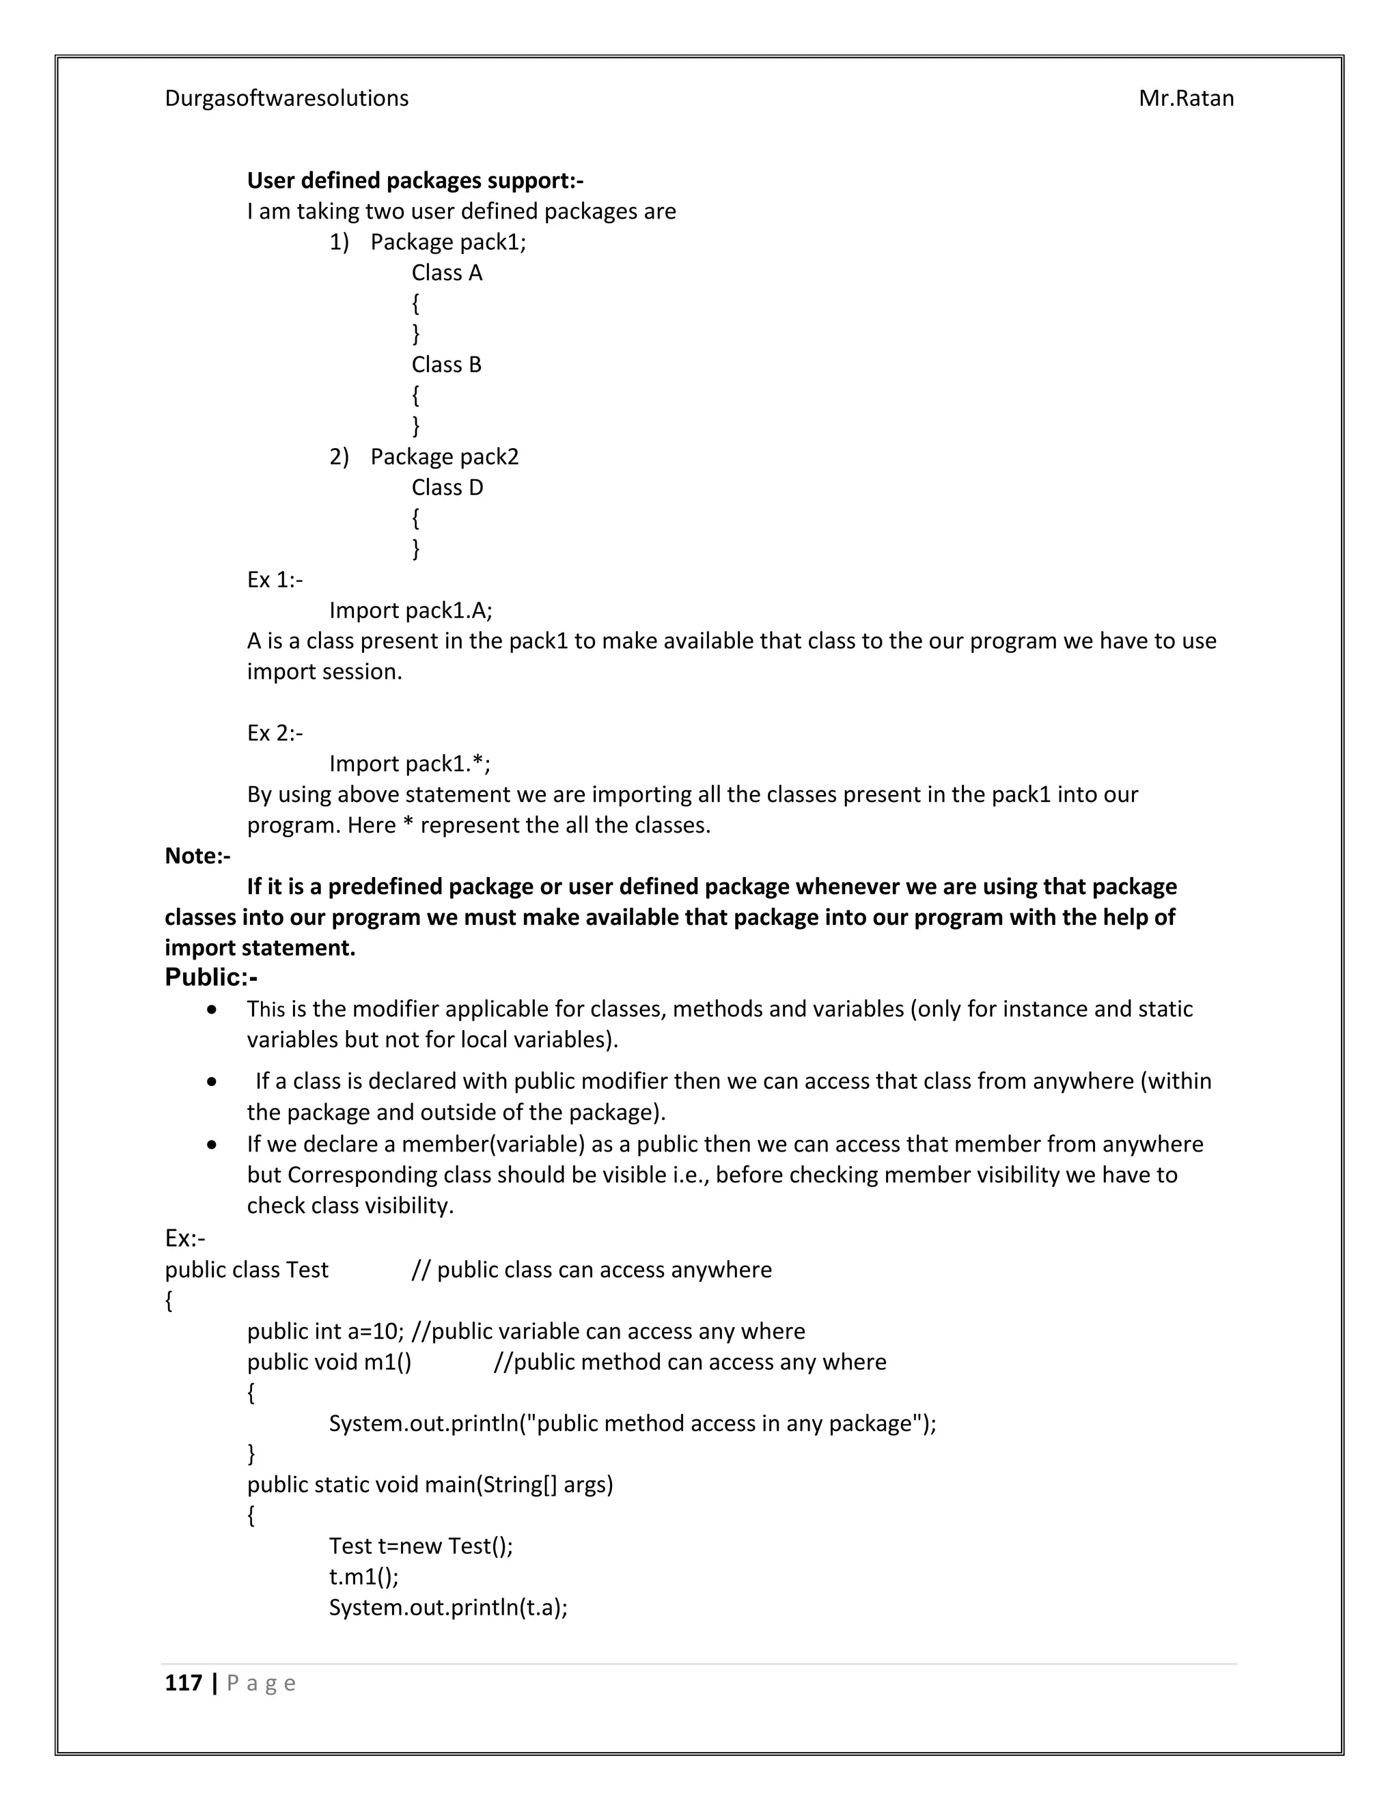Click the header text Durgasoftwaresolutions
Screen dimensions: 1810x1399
point(286,98)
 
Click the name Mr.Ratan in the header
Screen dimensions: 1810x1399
point(1185,98)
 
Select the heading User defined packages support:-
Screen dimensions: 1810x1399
point(415,181)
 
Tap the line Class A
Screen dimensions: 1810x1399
point(446,273)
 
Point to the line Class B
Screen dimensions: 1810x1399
point(446,365)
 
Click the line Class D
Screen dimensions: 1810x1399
point(447,487)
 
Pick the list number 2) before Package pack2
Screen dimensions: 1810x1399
point(339,457)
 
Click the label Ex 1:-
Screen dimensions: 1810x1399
point(275,579)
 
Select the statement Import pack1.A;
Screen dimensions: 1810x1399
point(411,611)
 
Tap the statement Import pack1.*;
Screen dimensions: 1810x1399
point(409,764)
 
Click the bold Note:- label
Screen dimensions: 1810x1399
point(197,856)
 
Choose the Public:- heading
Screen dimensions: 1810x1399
point(210,977)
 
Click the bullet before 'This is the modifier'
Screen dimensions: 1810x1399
point(214,1010)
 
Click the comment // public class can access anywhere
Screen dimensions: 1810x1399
point(591,1270)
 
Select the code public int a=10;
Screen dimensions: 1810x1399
point(325,1331)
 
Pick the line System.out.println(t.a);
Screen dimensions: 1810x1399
point(447,1607)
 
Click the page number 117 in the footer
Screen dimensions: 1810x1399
point(183,1682)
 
